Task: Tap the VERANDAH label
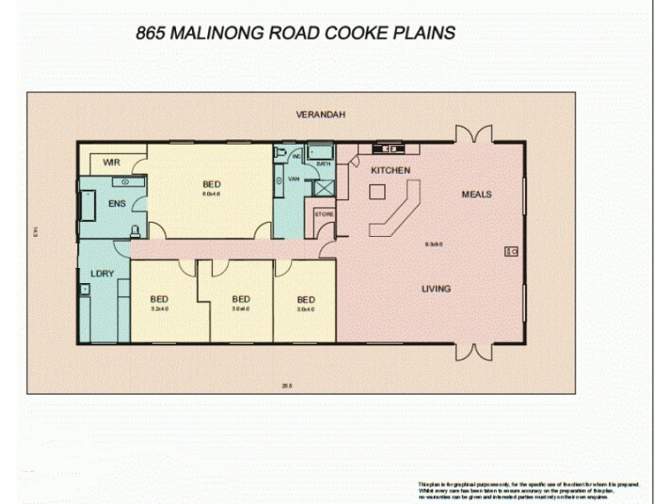coord(320,114)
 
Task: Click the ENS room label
coord(115,203)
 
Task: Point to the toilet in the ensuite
coord(134,229)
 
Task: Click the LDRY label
coord(101,273)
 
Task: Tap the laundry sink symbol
coord(86,290)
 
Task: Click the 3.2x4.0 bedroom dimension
coord(159,309)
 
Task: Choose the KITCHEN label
coord(391,171)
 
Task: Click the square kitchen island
coord(377,192)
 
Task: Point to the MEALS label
coord(476,194)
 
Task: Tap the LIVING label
coord(435,289)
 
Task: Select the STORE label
coord(324,215)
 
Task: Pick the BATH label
coord(323,165)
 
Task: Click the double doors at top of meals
coord(473,135)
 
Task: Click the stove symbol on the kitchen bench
coord(390,149)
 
